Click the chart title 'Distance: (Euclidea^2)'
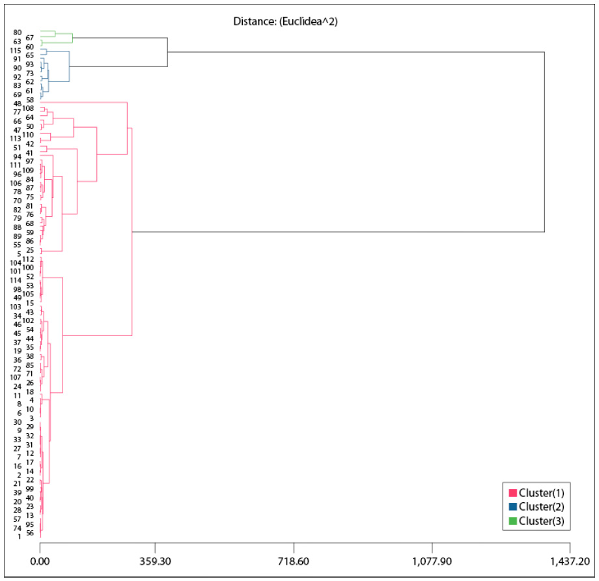point(285,21)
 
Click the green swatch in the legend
point(513,520)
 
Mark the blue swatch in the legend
point(513,507)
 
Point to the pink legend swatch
point(513,492)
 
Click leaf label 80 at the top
point(18,33)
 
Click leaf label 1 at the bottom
point(20,537)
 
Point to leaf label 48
point(18,104)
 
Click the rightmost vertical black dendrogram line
point(544,141)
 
